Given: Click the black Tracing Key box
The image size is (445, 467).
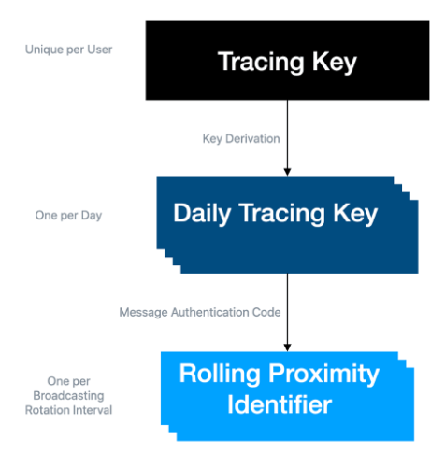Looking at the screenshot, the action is [x=287, y=60].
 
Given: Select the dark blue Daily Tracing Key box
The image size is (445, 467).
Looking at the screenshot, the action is [x=287, y=225].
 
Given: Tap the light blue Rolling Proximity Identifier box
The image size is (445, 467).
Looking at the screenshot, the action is [x=287, y=396].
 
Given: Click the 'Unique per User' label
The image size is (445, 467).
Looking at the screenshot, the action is [x=68, y=50].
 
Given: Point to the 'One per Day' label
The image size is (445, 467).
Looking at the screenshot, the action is [x=68, y=215].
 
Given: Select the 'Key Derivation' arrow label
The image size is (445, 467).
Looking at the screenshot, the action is [x=241, y=139].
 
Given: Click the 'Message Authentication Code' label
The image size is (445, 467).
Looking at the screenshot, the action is [x=200, y=312].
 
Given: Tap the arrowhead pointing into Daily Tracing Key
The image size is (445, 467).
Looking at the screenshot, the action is [x=287, y=172].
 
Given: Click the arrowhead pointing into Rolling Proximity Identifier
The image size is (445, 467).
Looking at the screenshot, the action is [x=287, y=347].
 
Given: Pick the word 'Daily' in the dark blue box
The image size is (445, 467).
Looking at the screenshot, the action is [x=202, y=214].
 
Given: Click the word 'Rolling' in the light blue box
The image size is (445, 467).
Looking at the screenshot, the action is [x=220, y=374].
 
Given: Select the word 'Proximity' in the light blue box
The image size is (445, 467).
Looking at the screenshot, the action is [x=323, y=375].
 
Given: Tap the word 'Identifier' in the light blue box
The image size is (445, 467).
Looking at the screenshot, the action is [x=280, y=404].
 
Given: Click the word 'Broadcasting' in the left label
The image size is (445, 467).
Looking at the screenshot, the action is [x=68, y=396].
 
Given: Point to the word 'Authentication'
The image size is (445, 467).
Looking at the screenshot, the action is [x=210, y=312].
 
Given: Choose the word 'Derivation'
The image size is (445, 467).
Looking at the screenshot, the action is [x=252, y=139].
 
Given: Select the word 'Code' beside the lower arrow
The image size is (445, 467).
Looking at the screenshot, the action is [x=266, y=312].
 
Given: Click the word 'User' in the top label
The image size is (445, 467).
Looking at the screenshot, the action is [x=100, y=50].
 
